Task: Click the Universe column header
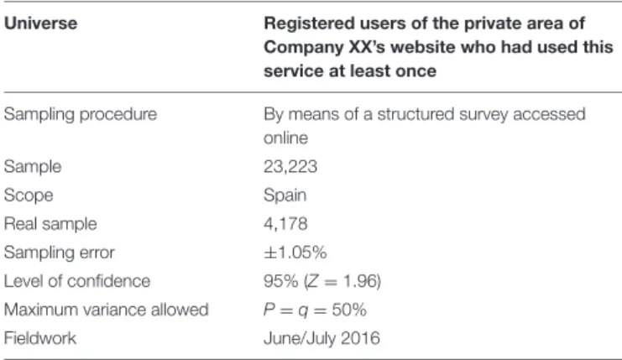(x=40, y=23)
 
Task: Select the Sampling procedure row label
(x=81, y=115)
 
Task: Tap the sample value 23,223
(x=290, y=166)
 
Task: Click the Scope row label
(x=29, y=195)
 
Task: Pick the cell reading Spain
(x=285, y=195)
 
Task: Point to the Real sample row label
(x=50, y=223)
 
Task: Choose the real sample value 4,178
(x=285, y=223)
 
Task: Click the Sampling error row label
(x=59, y=252)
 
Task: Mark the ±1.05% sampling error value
(x=295, y=252)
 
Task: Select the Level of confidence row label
(x=77, y=281)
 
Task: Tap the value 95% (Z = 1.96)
(x=322, y=281)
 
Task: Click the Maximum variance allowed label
(x=107, y=310)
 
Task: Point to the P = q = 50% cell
(x=315, y=310)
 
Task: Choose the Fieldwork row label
(x=40, y=338)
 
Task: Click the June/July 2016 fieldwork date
(x=321, y=338)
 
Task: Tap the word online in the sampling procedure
(x=285, y=138)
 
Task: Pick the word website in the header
(x=422, y=47)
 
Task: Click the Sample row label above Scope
(x=33, y=166)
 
